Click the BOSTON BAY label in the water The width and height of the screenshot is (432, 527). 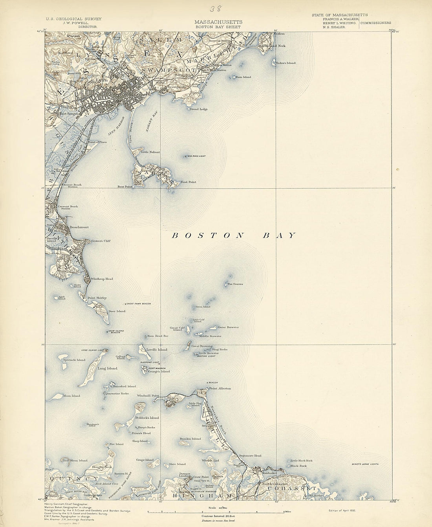tap(233, 235)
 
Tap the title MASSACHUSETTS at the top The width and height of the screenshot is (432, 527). tap(218, 22)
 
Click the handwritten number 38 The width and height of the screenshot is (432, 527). tap(216, 9)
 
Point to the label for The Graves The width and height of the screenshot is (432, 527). tap(235, 284)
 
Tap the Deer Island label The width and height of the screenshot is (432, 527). tap(117, 311)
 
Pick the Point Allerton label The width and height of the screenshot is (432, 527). tap(220, 388)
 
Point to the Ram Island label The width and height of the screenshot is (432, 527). tap(243, 77)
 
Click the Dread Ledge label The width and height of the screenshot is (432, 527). tap(199, 109)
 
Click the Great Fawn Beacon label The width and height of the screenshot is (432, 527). tap(138, 304)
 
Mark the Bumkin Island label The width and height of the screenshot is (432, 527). tap(190, 439)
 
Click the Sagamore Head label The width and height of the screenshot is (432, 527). tap(251, 455)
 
